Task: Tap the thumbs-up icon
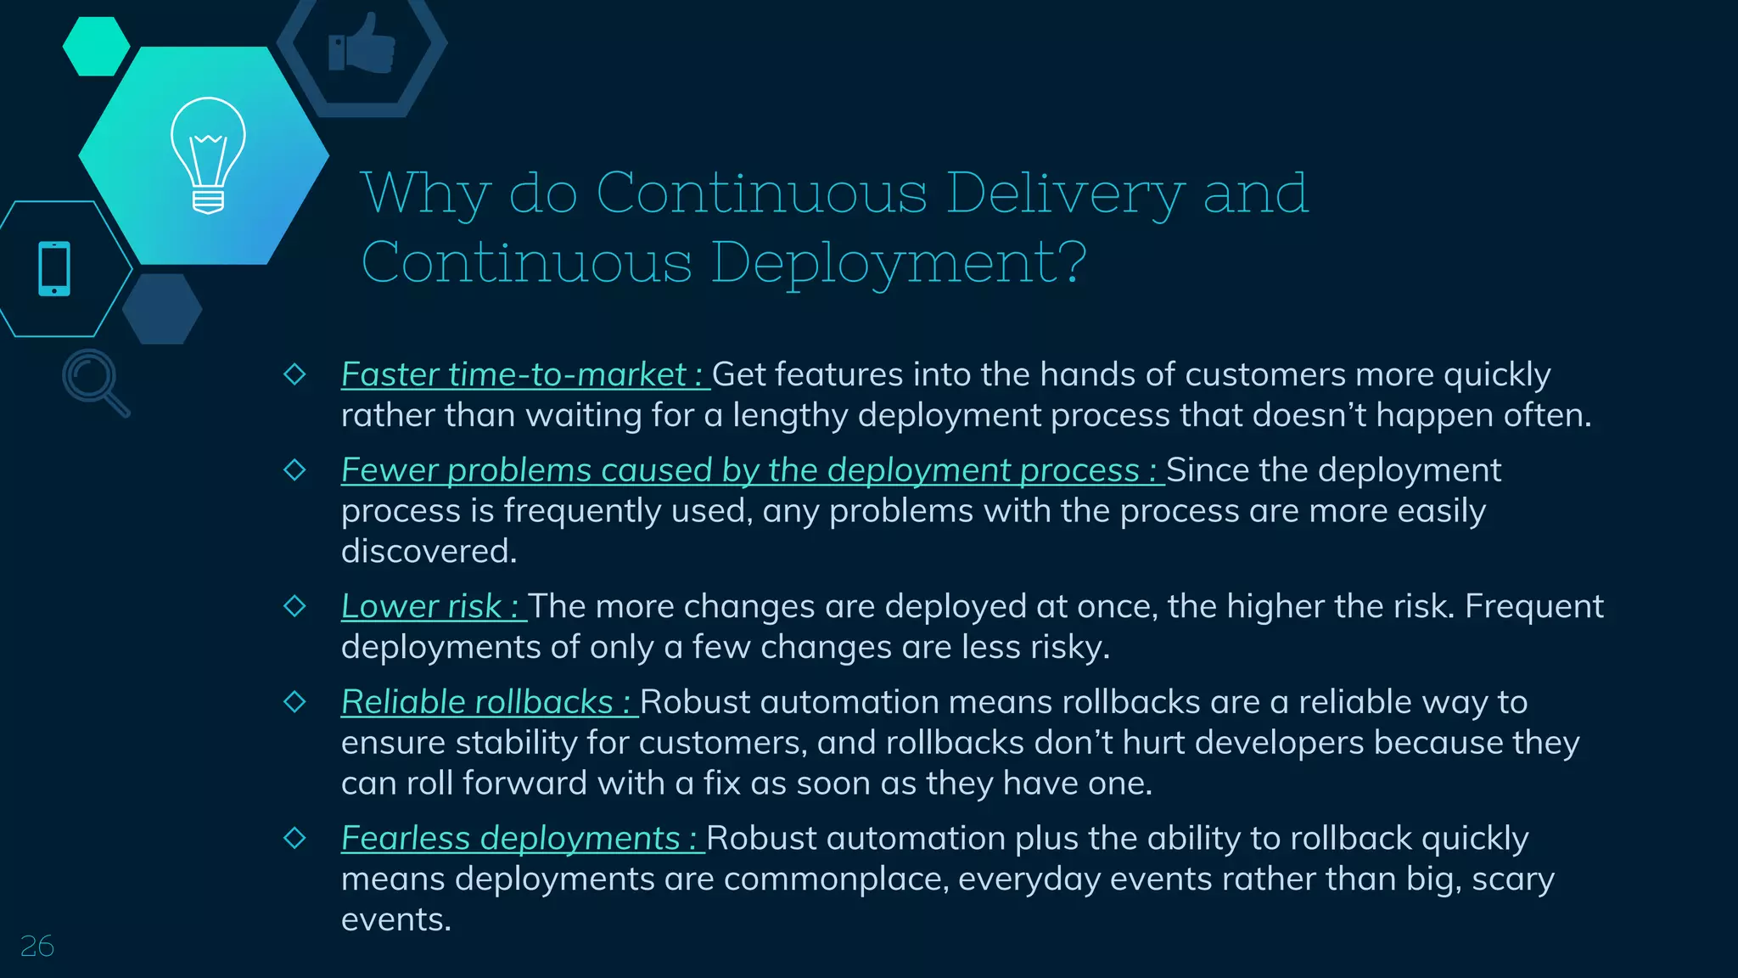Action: pos(362,44)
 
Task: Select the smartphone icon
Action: pos(54,269)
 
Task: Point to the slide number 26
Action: pos(37,946)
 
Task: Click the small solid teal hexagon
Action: pos(96,47)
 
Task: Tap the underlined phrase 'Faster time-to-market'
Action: pos(513,374)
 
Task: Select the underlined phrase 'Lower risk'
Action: pos(421,606)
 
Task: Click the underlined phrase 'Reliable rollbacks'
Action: pos(477,702)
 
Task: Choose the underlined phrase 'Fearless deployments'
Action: pos(511,838)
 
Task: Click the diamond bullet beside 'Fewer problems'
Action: pos(294,469)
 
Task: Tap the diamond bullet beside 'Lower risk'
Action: pos(294,606)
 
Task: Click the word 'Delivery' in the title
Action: pos(1064,194)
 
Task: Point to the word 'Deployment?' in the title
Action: pos(899,262)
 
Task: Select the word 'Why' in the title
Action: pos(425,194)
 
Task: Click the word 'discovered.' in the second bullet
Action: pos(429,551)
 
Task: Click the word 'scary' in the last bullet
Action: pos(1513,879)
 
